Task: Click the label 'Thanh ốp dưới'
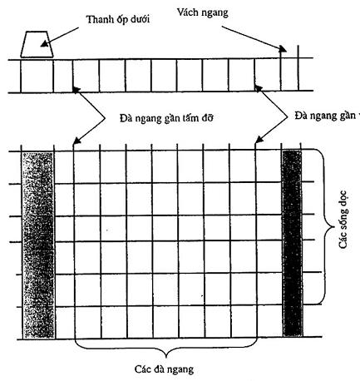point(118,20)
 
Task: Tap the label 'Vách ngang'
point(203,12)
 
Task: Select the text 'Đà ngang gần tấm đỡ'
point(166,118)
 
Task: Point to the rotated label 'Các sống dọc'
point(343,220)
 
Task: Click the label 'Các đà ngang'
point(164,369)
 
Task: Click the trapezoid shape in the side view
point(37,44)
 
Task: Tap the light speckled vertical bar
point(38,245)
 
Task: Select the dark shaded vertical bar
point(293,243)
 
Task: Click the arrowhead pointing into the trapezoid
point(44,43)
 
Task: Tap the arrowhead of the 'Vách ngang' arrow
point(283,49)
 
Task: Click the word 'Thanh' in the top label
point(100,19)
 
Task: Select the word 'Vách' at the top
point(188,12)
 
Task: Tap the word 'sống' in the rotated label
point(343,221)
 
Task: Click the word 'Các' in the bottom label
point(143,369)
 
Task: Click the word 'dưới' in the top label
point(141,19)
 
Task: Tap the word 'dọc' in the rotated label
point(343,198)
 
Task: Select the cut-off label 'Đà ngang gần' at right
point(327,116)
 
